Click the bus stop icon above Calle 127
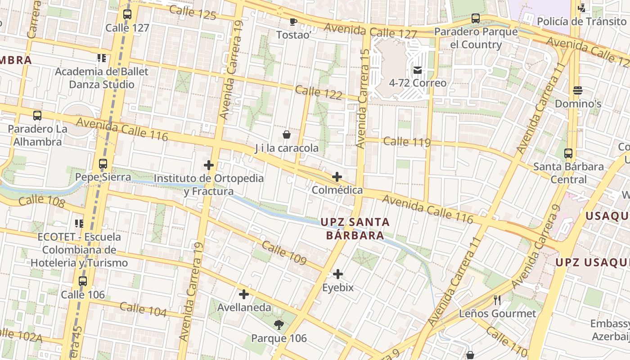click(127, 14)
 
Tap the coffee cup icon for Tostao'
click(293, 22)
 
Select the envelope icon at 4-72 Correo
click(418, 70)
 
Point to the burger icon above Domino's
click(578, 90)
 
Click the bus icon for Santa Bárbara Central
click(568, 153)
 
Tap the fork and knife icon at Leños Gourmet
click(497, 300)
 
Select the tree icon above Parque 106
click(279, 325)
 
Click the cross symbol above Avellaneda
click(244, 294)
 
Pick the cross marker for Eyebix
click(338, 274)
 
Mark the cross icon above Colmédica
click(337, 177)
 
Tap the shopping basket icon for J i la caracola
click(287, 135)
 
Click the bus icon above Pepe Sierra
click(103, 164)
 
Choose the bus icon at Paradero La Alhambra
click(37, 116)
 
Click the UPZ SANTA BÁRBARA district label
click(355, 229)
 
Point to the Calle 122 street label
click(319, 93)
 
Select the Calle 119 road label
click(407, 142)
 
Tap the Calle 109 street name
click(284, 253)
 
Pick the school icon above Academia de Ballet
click(102, 58)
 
